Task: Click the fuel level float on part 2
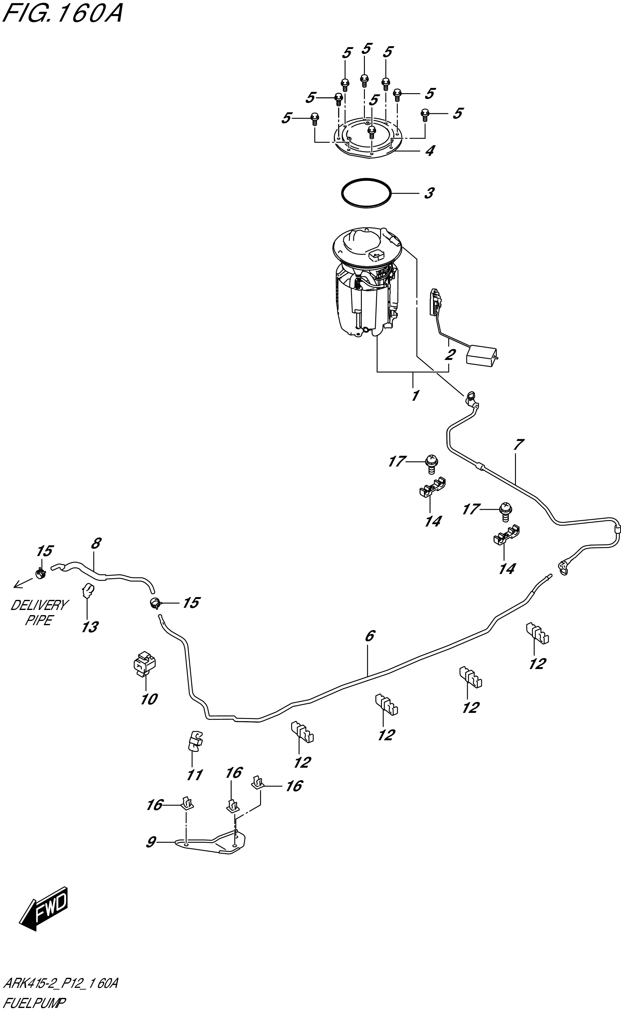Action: tap(481, 354)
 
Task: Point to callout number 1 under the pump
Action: tap(415, 396)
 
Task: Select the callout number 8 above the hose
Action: tap(95, 544)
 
